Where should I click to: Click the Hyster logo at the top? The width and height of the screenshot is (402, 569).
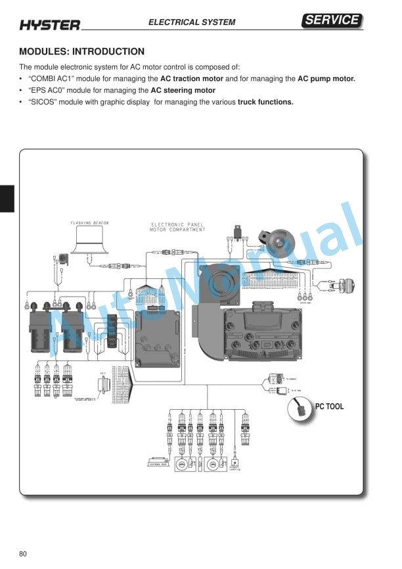[50, 24]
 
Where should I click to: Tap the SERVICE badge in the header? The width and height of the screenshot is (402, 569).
[332, 20]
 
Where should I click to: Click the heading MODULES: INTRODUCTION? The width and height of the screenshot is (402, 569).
[82, 51]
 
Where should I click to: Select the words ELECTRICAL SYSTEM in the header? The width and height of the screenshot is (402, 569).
[192, 22]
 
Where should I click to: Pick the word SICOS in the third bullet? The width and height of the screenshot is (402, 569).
[44, 102]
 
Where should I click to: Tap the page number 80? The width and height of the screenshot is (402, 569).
[24, 553]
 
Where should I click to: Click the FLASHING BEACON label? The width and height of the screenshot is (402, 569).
[90, 223]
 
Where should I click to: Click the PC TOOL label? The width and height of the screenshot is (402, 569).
[330, 406]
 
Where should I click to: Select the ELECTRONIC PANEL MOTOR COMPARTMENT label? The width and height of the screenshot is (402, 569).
[178, 228]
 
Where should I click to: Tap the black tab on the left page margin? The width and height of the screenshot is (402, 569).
[7, 198]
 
